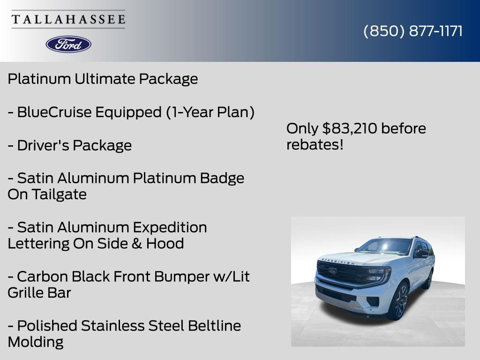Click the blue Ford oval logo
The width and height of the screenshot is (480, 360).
(x=68, y=44)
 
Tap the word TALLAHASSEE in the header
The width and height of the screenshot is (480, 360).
(x=68, y=20)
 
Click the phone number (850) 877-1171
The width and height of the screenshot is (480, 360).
(x=413, y=31)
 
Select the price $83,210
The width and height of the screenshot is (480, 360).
(x=350, y=128)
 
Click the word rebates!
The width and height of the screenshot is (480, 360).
(x=315, y=145)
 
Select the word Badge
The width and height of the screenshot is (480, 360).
(x=222, y=178)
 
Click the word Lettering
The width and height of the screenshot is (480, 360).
(x=38, y=244)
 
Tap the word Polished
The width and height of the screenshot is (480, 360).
(x=47, y=326)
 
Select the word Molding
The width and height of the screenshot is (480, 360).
(x=36, y=342)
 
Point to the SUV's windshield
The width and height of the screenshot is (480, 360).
(x=385, y=246)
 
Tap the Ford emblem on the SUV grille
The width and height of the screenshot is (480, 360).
(x=332, y=270)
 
